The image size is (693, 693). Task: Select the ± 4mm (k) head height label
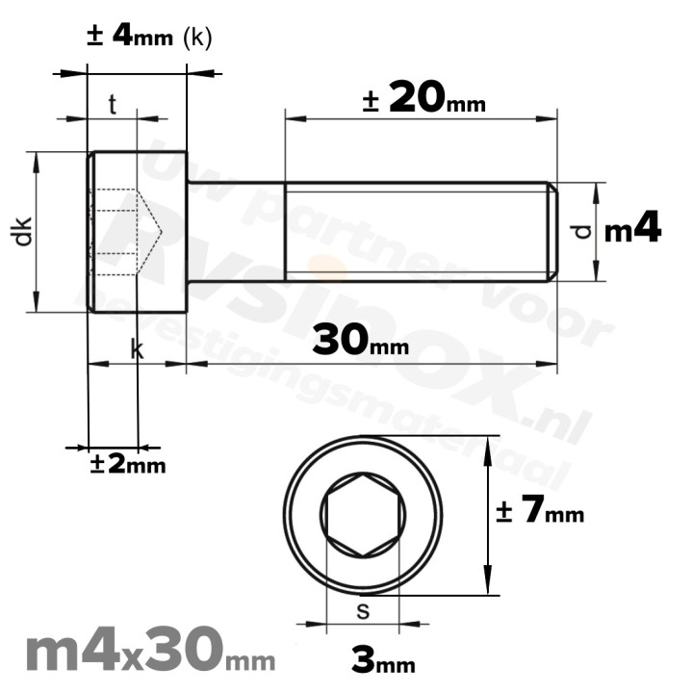148,37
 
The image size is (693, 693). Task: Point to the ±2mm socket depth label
127,464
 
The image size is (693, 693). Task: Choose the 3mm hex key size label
383,661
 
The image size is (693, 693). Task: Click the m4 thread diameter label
632,230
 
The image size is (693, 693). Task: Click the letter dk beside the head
24,232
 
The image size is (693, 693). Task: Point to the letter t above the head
113,105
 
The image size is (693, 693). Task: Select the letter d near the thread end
579,232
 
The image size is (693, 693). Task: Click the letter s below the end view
363,609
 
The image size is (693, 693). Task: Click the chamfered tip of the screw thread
552,231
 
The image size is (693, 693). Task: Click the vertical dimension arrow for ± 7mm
489,516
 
